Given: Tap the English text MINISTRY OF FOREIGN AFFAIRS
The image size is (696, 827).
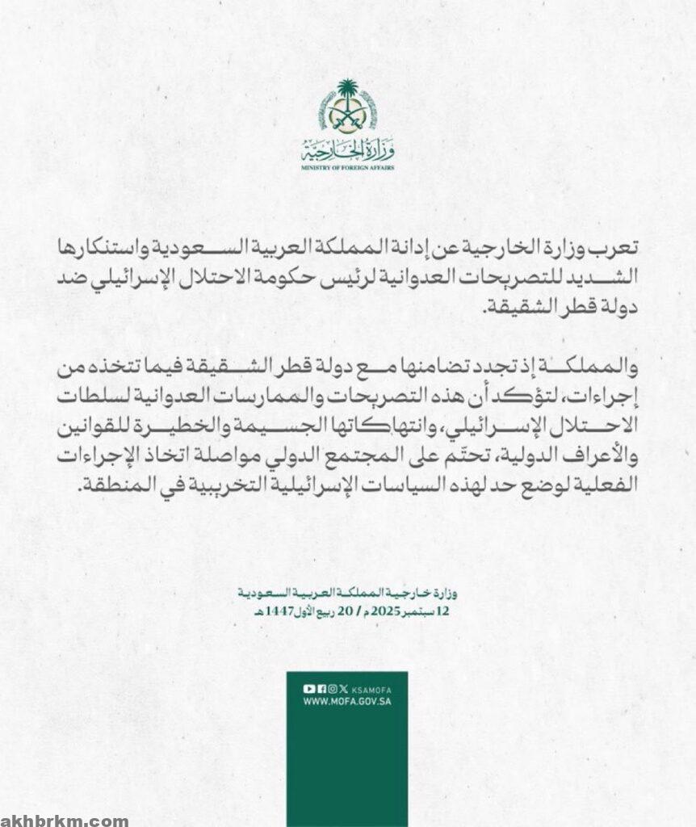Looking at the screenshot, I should pyautogui.click(x=348, y=167).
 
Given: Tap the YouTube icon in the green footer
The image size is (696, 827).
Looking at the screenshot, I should pyautogui.click(x=308, y=688).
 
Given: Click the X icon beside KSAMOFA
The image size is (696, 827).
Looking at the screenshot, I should pyautogui.click(x=345, y=688).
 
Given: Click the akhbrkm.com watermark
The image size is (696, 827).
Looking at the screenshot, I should pyautogui.click(x=65, y=821).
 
